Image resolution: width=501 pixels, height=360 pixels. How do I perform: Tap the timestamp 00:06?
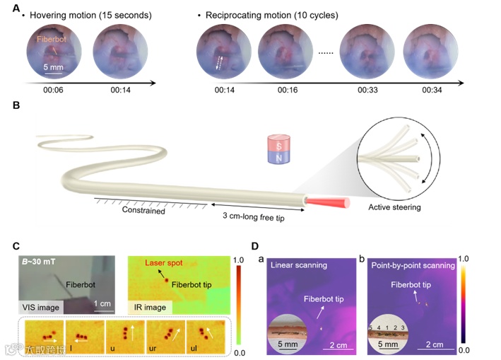(54, 91)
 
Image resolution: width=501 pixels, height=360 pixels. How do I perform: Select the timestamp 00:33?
(368, 91)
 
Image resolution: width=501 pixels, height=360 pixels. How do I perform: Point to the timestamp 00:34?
(431, 91)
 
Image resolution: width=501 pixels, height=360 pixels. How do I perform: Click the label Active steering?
(396, 208)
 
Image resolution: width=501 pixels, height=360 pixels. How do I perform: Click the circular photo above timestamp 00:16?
(286, 54)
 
